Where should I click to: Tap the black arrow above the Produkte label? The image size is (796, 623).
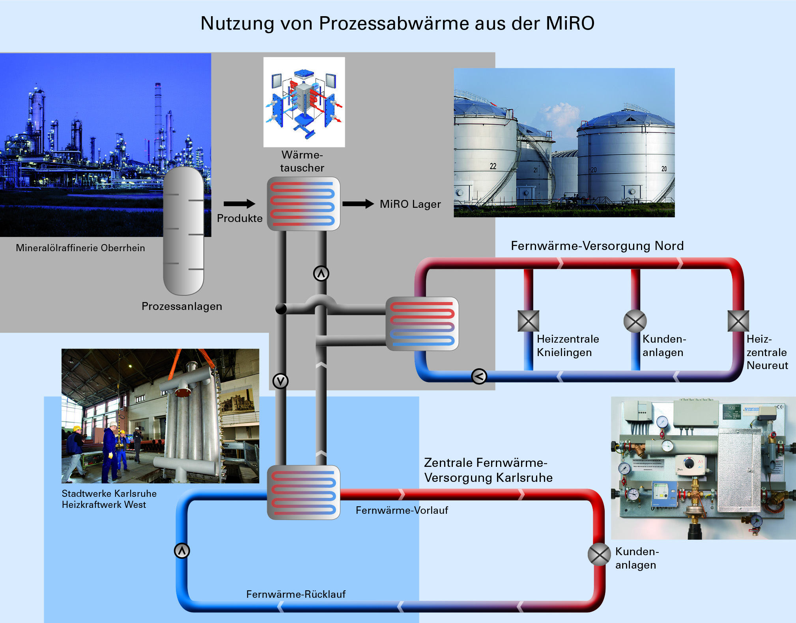click(239, 204)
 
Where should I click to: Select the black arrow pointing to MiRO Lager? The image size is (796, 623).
click(358, 204)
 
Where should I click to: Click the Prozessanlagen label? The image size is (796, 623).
click(182, 306)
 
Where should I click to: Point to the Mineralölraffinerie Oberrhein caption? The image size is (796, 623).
click(80, 248)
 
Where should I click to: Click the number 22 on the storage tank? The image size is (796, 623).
click(493, 166)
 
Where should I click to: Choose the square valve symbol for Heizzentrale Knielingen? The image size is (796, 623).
click(528, 321)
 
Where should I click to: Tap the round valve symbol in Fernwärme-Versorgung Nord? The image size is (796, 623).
click(635, 321)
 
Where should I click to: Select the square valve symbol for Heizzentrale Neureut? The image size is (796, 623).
click(738, 321)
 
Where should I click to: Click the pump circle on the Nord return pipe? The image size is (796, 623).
click(479, 377)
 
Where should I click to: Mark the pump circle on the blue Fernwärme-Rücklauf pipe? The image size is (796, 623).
click(182, 551)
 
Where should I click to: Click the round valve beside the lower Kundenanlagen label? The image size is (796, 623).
click(599, 554)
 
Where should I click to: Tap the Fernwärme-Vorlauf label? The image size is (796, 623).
click(402, 511)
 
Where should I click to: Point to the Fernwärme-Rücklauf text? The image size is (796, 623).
click(296, 594)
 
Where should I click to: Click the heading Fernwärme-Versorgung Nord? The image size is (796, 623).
click(597, 246)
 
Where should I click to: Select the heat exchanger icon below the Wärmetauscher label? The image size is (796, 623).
click(303, 204)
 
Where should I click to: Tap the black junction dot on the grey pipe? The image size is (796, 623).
click(280, 309)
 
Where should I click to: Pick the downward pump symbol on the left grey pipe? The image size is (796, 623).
click(280, 381)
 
